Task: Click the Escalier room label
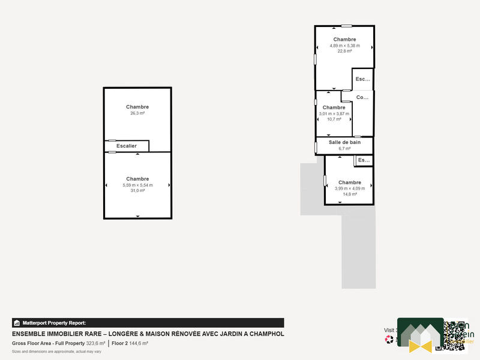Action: pos(127,146)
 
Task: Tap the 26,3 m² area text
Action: pos(137,113)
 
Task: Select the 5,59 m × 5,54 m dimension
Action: pos(137,185)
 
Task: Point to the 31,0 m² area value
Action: pos(137,191)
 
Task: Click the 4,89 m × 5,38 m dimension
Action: pos(345,46)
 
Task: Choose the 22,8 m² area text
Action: pos(345,52)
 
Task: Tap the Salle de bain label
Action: pos(344,142)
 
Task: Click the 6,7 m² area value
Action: pos(344,148)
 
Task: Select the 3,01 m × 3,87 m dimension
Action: pos(334,113)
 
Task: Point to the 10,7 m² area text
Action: pos(334,119)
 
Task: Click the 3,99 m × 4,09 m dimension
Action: pos(350,188)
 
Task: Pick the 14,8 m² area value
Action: pos(350,194)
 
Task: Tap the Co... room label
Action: pos(362,97)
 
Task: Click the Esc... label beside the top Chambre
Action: pos(362,79)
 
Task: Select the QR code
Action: pos(454,335)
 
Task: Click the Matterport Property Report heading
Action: pos(55,323)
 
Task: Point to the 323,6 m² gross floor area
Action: pos(95,343)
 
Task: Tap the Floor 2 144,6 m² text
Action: pos(130,343)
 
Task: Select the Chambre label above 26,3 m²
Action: pos(137,107)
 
